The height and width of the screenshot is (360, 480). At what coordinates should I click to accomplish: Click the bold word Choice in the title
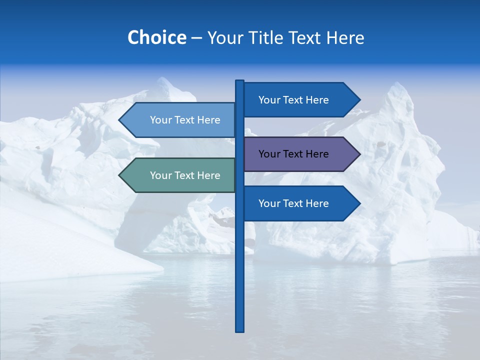pos(156,37)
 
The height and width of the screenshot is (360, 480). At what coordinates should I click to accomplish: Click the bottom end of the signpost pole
pos(240,330)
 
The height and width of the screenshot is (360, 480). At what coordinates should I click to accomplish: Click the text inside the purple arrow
pos(293,154)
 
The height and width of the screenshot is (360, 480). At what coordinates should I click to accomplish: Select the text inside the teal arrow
pos(185,175)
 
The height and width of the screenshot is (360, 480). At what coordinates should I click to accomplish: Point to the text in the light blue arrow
pos(185,120)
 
